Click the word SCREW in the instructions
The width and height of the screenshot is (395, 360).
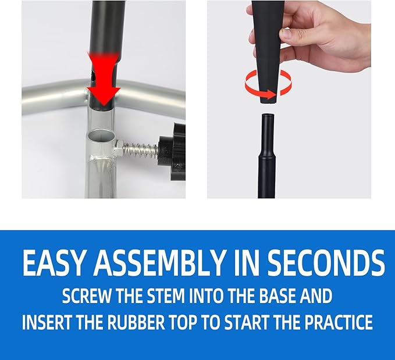[87, 296]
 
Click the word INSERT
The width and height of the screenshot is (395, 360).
[47, 322]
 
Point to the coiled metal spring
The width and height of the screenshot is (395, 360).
[138, 150]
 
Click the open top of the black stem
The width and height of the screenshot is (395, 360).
[268, 116]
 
